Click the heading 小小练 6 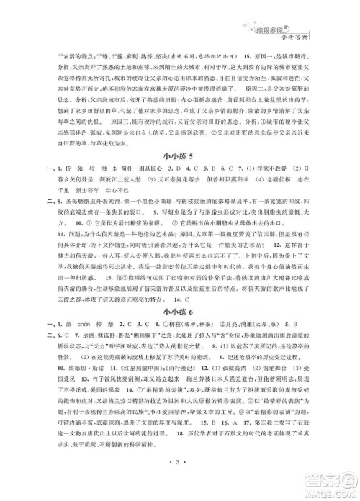pyautogui.click(x=179, y=331)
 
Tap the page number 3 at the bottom pyautogui.click(x=179, y=477)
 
